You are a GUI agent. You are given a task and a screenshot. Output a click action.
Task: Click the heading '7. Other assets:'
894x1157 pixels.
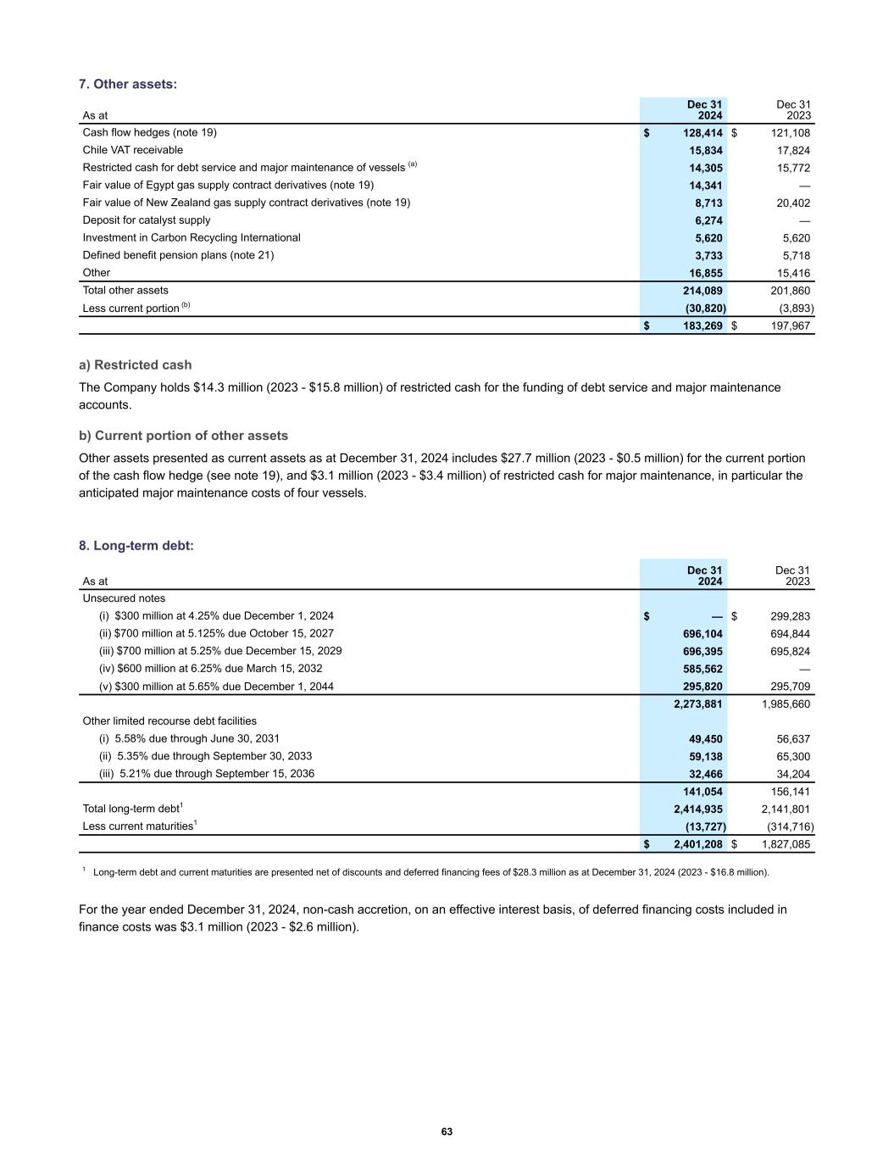(x=128, y=84)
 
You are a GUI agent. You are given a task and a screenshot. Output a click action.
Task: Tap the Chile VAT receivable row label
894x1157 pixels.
(x=132, y=150)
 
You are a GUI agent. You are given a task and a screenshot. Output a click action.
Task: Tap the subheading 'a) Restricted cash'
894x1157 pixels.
(x=136, y=365)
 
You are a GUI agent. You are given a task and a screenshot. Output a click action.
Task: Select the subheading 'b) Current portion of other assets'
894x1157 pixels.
(x=183, y=436)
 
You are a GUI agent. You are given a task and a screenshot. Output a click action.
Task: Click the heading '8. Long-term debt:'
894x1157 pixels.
(x=136, y=546)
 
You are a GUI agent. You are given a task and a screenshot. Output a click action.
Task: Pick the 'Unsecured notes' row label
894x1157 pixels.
(x=124, y=598)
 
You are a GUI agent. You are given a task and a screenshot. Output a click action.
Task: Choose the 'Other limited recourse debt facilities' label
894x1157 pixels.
(x=169, y=721)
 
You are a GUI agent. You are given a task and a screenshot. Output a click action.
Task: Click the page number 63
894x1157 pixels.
(x=447, y=1132)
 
